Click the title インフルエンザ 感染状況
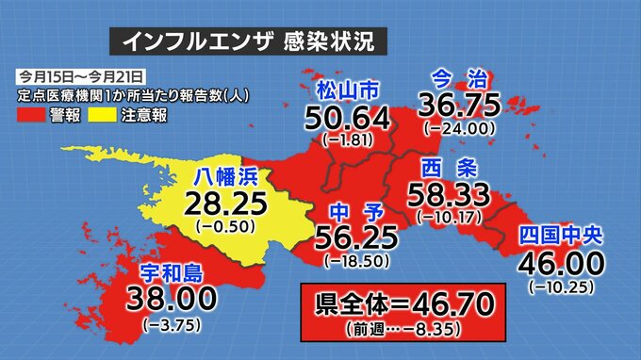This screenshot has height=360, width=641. (248, 41)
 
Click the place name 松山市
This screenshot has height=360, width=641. (347, 91)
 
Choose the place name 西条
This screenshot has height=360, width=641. (442, 170)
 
